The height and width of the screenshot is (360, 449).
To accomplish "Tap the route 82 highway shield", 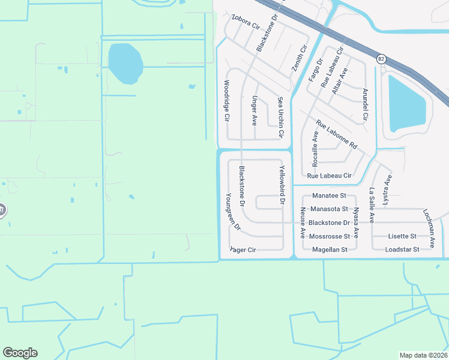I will coord(382,58).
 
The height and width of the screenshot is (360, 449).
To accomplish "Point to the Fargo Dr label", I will coord(316,70).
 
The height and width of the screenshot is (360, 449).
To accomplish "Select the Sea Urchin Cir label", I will coord(280,114).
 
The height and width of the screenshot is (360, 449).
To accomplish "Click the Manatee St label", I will coord(330,196).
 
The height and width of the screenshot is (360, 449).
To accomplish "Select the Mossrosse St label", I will coord(330,236).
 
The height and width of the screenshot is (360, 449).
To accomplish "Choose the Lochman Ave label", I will coord(429,229).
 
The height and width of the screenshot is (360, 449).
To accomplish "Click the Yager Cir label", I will coord(243,249).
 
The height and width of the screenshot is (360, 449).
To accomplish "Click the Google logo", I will coord(20,353).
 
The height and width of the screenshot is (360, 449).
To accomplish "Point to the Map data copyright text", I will coord(423,355).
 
